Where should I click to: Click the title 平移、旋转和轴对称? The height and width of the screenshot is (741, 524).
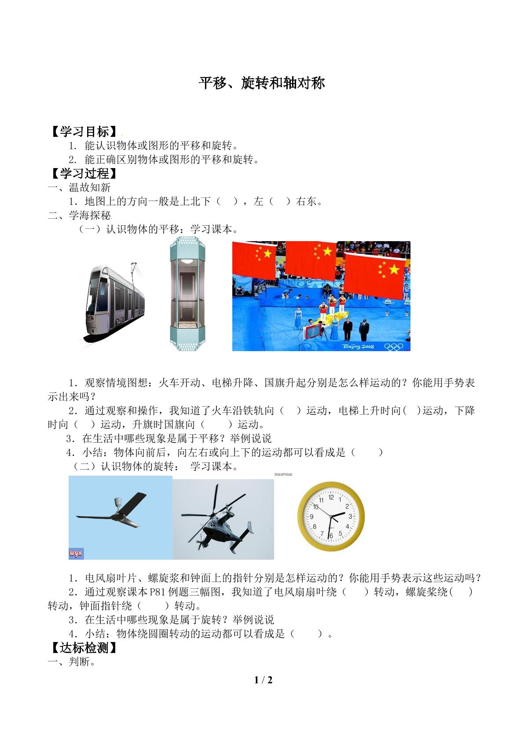pyautogui.click(x=262, y=83)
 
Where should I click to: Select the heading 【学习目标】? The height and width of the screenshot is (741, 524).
pyautogui.click(x=84, y=131)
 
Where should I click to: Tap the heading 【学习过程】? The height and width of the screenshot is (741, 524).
pyautogui.click(x=84, y=173)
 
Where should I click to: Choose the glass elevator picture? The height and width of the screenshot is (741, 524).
pyautogui.click(x=187, y=293)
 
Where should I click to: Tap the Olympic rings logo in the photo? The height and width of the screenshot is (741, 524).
pyautogui.click(x=393, y=346)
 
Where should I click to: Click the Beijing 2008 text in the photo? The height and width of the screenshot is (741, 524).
pyautogui.click(x=358, y=346)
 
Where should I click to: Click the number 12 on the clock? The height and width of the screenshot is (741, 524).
pyautogui.click(x=331, y=497)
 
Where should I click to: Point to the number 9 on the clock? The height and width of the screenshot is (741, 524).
pyautogui.click(x=311, y=517)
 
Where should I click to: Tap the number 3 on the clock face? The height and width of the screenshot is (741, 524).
pyautogui.click(x=350, y=516)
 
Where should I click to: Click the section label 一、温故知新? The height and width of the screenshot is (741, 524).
pyautogui.click(x=79, y=187)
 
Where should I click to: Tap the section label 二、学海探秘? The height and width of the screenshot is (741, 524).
pyautogui.click(x=79, y=215)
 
